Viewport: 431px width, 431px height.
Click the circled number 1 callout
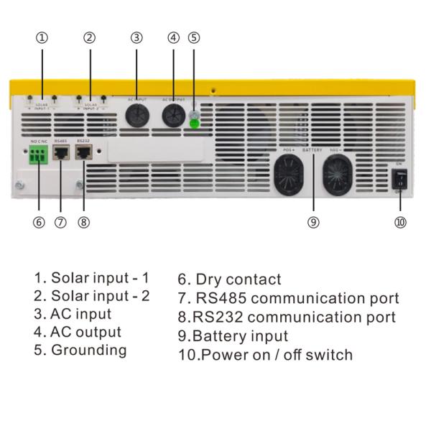tap(42, 37)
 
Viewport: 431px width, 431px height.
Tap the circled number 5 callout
tap(194, 37)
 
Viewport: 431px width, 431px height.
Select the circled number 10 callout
tap(401, 222)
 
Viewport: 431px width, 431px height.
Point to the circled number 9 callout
tap(313, 222)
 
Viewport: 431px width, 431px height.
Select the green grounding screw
tap(194, 124)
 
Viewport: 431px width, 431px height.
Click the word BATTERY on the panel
tap(312, 150)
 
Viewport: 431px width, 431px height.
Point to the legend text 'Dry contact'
tap(229, 279)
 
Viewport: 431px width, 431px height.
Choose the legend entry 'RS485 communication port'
tap(287, 298)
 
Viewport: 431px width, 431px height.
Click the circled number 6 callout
tap(39, 222)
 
